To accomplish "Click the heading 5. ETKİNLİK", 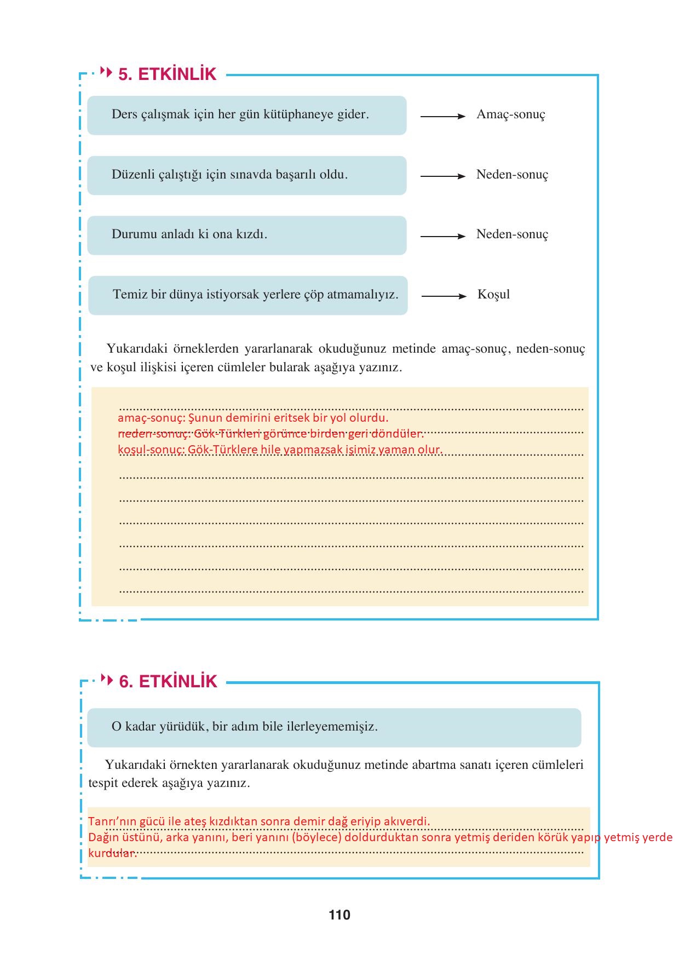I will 167,74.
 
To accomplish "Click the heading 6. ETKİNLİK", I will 168,682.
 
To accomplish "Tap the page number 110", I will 339,915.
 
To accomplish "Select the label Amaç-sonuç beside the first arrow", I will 510,114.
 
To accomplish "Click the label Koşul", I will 493,295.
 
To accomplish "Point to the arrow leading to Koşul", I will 444,296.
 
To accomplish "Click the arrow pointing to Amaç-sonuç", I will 442,116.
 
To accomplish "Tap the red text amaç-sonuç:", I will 151,418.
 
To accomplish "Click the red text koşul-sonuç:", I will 151,450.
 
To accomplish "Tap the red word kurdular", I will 112,853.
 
